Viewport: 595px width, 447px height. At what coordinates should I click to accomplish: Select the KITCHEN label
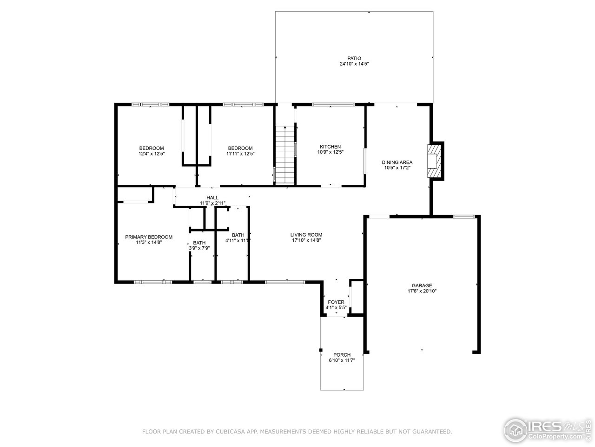point(330,147)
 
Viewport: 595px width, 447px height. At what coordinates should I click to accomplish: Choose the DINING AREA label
point(397,163)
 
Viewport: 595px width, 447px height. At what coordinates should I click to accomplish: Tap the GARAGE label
point(422,285)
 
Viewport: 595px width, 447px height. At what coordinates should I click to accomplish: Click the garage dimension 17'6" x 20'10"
point(422,291)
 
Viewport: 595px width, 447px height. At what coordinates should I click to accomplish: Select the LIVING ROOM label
point(306,235)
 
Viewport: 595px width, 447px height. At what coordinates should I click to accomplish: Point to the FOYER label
point(336,302)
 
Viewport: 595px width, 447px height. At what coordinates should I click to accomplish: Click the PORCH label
point(342,355)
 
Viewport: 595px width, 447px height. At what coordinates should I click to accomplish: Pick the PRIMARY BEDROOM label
point(149,237)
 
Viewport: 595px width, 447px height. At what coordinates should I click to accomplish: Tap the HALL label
point(212,198)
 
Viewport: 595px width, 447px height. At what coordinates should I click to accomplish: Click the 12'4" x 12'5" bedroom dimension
point(152,154)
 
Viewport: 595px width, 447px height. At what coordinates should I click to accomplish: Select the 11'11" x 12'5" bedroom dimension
point(240,154)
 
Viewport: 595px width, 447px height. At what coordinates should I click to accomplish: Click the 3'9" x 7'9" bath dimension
point(199,248)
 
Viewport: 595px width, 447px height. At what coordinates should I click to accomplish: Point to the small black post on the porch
point(320,350)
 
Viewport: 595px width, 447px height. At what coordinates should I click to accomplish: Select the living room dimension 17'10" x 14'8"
point(306,240)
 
